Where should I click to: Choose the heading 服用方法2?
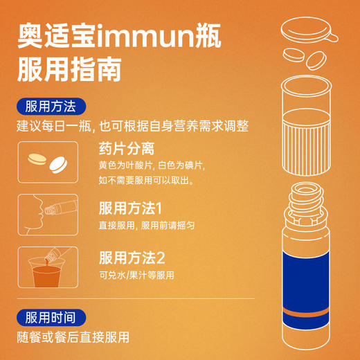click(132, 258)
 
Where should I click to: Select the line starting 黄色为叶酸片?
click(152, 166)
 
